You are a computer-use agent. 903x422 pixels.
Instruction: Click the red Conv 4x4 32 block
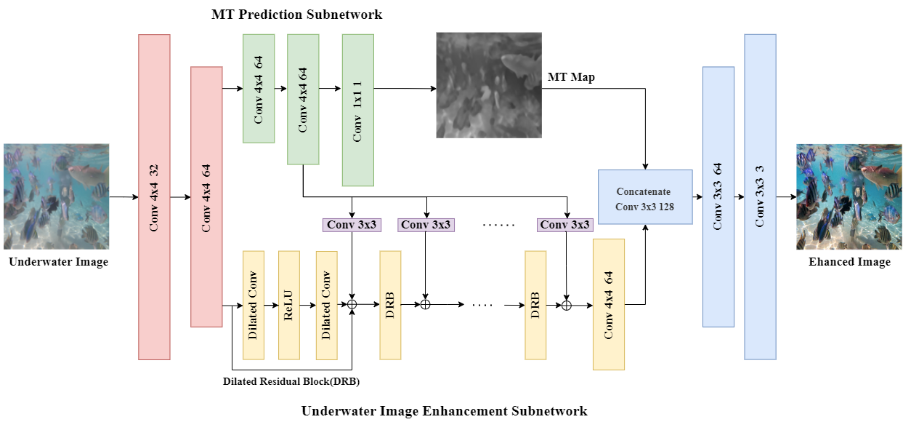click(x=154, y=196)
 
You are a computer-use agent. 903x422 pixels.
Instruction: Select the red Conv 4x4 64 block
click(x=206, y=196)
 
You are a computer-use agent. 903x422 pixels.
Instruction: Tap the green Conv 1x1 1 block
click(x=358, y=110)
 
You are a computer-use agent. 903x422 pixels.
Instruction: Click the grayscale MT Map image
click(x=488, y=85)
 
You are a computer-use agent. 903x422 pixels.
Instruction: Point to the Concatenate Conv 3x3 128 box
click(x=644, y=196)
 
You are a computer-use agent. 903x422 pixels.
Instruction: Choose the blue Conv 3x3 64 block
click(x=718, y=196)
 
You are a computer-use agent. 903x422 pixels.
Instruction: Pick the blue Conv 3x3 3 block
click(x=760, y=196)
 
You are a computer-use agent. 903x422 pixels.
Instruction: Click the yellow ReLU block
click(x=289, y=305)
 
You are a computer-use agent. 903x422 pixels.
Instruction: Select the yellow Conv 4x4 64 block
click(x=609, y=304)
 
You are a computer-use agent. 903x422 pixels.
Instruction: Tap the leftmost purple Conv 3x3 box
click(x=352, y=225)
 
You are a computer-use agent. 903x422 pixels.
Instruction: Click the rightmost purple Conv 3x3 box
click(x=564, y=225)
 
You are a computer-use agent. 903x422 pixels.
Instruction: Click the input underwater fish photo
click(x=56, y=196)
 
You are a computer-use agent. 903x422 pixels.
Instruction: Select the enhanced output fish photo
click(x=849, y=196)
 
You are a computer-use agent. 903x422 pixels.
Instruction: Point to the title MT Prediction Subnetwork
click(x=296, y=15)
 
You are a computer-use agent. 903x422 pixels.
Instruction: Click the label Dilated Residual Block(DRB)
click(x=291, y=381)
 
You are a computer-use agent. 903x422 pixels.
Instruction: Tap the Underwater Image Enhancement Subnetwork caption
click(x=444, y=411)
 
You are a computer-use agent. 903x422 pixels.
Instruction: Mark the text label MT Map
click(x=572, y=77)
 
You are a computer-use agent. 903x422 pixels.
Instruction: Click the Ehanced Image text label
click(x=849, y=262)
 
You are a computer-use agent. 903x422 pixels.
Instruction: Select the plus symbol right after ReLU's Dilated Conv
click(x=352, y=305)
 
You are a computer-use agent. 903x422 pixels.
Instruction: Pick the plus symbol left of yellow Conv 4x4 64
click(x=566, y=306)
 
